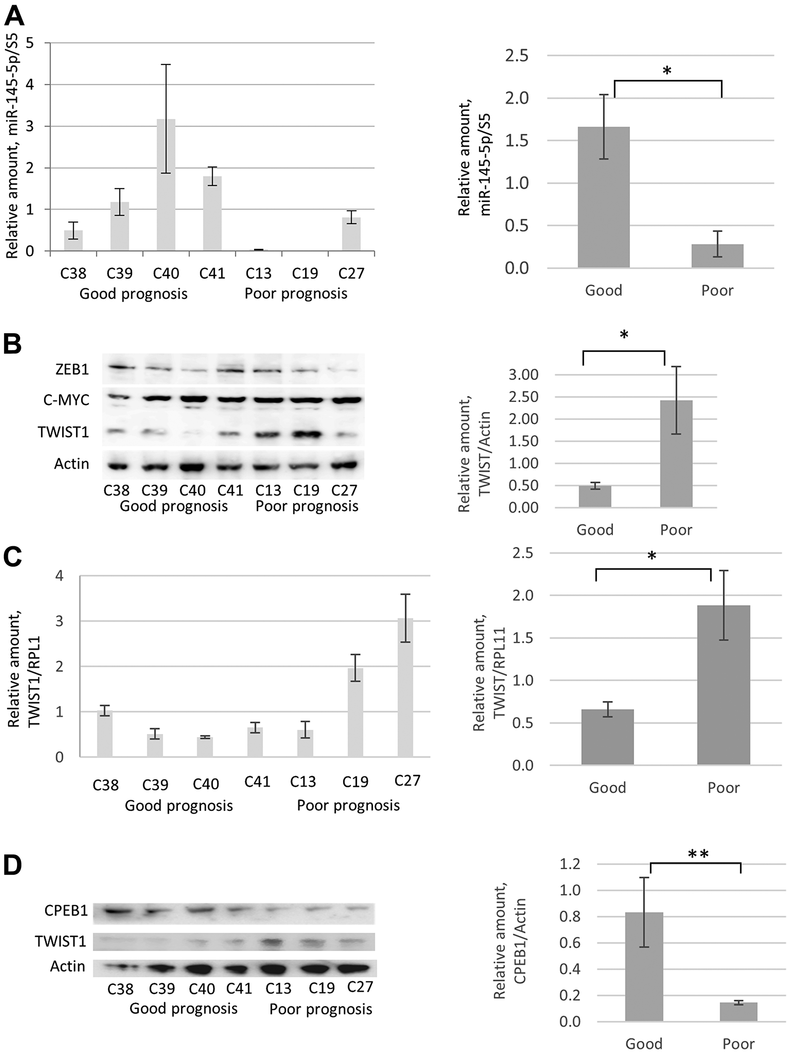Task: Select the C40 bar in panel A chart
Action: pos(166,186)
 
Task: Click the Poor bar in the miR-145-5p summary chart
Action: pos(717,256)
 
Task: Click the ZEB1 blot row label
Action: pos(72,370)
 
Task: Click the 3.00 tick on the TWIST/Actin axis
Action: pos(523,375)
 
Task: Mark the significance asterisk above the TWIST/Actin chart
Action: pos(624,335)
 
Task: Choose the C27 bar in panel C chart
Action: pos(405,687)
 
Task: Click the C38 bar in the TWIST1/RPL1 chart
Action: pos(105,734)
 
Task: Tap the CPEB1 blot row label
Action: pos(66,911)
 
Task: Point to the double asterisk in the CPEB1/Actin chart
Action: pos(698,855)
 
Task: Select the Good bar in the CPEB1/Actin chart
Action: pos(644,967)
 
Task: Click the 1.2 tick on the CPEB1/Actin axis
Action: pos(570,864)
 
